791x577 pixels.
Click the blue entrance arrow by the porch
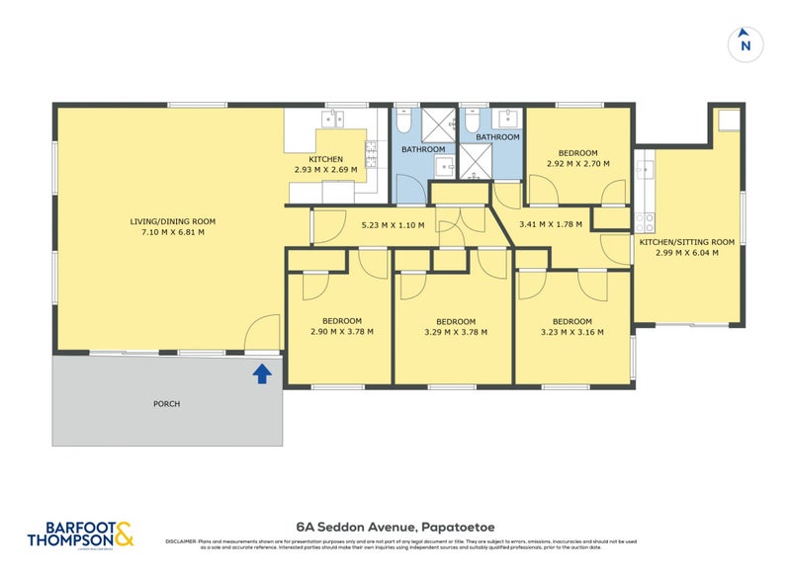[262, 373]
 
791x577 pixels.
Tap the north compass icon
[746, 44]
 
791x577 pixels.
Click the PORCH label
[167, 403]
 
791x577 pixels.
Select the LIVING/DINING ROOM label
[173, 221]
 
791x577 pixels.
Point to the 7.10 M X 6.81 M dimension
[173, 233]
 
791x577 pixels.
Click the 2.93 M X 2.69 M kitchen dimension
[325, 170]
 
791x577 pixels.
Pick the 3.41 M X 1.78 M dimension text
[551, 224]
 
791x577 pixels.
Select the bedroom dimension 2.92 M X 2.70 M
[577, 164]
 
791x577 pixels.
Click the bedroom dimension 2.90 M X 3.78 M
[341, 332]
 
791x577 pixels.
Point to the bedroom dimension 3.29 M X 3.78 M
[456, 333]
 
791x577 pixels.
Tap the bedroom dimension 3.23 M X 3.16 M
[571, 333]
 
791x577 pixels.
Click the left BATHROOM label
[422, 149]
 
